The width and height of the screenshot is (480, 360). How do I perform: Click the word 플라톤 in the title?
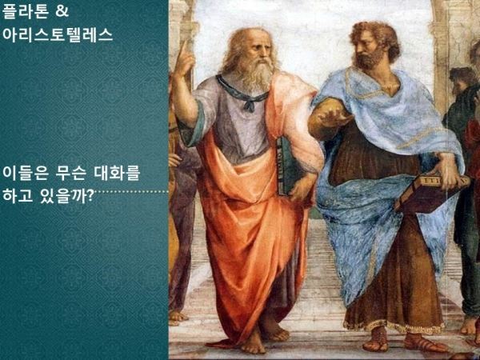point(26,11)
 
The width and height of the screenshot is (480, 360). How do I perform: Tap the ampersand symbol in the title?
point(62,10)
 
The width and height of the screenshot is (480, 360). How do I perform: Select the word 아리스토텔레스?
point(58,34)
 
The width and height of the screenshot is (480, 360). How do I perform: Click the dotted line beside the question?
point(131,192)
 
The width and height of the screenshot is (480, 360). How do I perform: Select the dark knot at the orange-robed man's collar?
point(250,106)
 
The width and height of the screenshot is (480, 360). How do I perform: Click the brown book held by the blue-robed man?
point(429,192)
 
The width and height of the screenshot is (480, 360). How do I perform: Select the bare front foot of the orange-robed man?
point(253,343)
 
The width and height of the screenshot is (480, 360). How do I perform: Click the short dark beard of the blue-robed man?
point(366,60)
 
